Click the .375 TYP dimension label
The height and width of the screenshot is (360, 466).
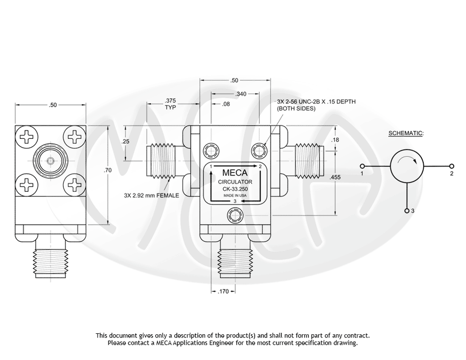(170, 104)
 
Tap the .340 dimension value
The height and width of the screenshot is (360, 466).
(240, 94)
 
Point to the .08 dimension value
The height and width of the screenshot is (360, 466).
(226, 104)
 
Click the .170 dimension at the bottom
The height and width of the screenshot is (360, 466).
(223, 292)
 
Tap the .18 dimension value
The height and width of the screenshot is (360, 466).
(335, 140)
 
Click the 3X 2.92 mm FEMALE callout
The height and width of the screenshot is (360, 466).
(151, 195)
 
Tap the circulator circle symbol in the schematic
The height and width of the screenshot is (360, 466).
(407, 166)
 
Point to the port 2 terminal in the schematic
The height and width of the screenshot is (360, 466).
(452, 166)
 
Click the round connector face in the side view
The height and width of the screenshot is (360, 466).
(50, 161)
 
